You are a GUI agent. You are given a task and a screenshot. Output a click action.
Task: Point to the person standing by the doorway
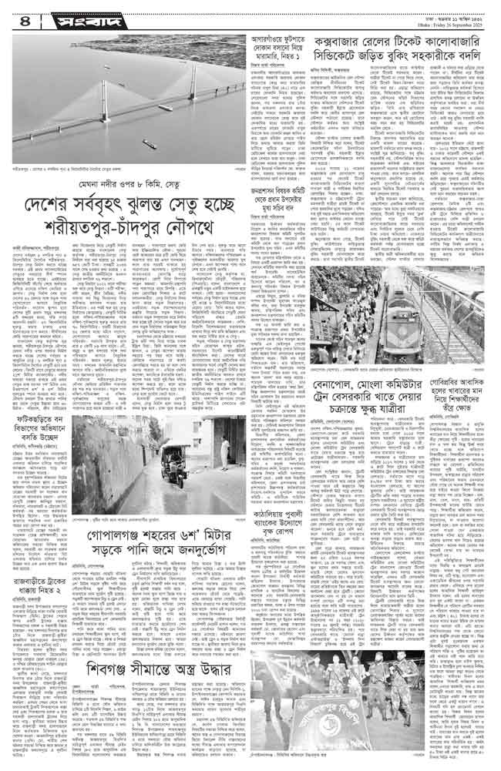[224, 437]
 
